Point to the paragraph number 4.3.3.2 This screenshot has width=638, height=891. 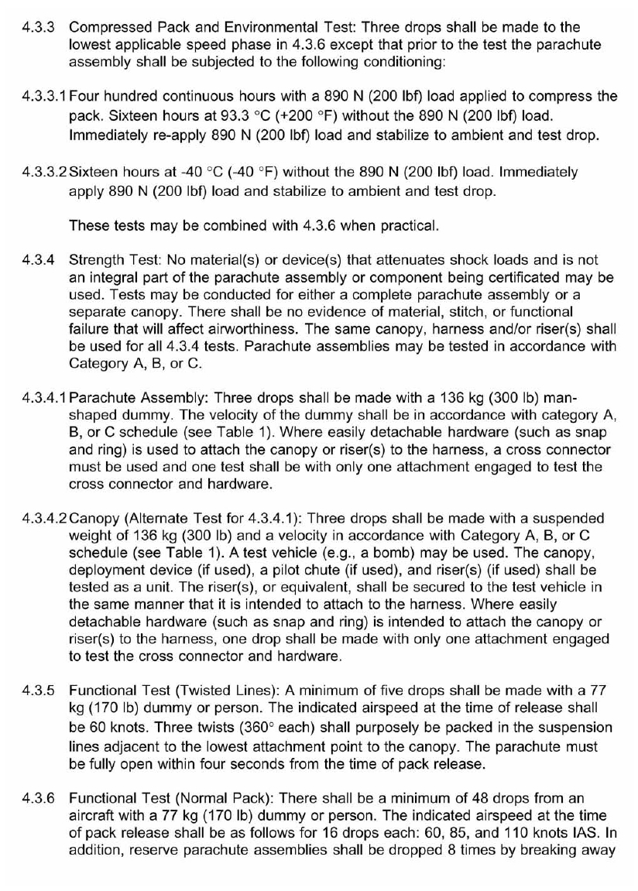click(43, 168)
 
